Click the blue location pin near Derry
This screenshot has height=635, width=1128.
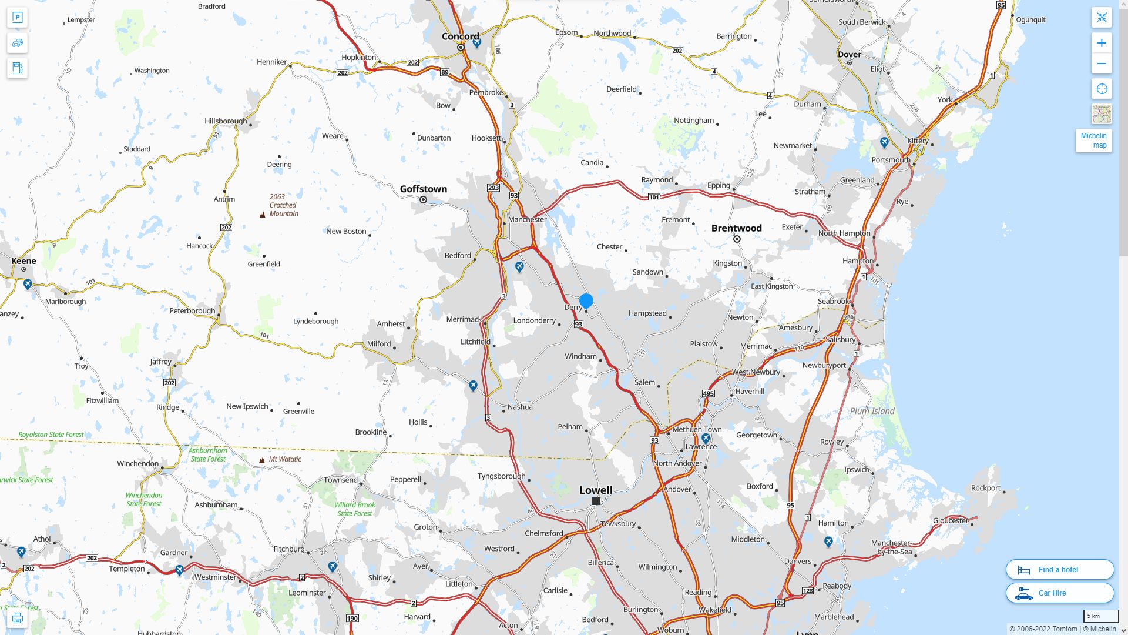(586, 301)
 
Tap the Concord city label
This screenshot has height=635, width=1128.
(460, 36)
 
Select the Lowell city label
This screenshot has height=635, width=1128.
(596, 490)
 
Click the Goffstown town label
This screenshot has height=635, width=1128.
(423, 189)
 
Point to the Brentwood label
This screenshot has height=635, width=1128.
(736, 228)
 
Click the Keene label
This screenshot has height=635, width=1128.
(23, 261)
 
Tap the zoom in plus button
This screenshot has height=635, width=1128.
(1102, 43)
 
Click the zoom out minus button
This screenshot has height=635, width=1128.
(1102, 63)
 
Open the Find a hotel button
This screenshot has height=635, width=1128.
(1060, 569)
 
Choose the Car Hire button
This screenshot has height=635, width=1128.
(1060, 593)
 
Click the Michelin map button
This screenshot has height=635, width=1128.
(1093, 141)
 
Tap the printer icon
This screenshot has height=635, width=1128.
(17, 618)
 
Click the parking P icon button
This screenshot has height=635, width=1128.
(17, 18)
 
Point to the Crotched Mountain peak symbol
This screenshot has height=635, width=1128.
(262, 215)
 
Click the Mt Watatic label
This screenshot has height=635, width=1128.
(285, 459)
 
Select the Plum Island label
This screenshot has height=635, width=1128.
(872, 411)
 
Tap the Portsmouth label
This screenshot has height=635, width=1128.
(891, 160)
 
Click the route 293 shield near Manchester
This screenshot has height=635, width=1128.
(493, 188)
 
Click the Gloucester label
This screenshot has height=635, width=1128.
(950, 520)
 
